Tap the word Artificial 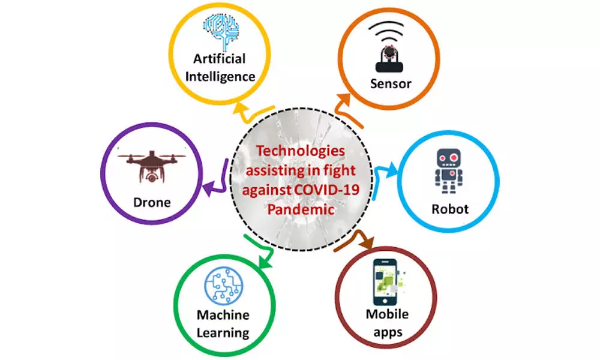click(x=219, y=59)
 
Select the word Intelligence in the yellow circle click(x=220, y=77)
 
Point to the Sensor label click(x=391, y=83)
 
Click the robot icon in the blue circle click(x=448, y=171)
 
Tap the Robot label click(x=450, y=209)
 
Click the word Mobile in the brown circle click(x=387, y=314)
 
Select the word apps click(x=388, y=332)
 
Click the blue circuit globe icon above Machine click(x=223, y=286)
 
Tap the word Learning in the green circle click(x=223, y=333)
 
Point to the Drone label click(x=152, y=202)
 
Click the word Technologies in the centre click(x=301, y=151)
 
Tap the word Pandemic click(x=301, y=209)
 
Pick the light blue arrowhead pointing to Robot click(x=391, y=170)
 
